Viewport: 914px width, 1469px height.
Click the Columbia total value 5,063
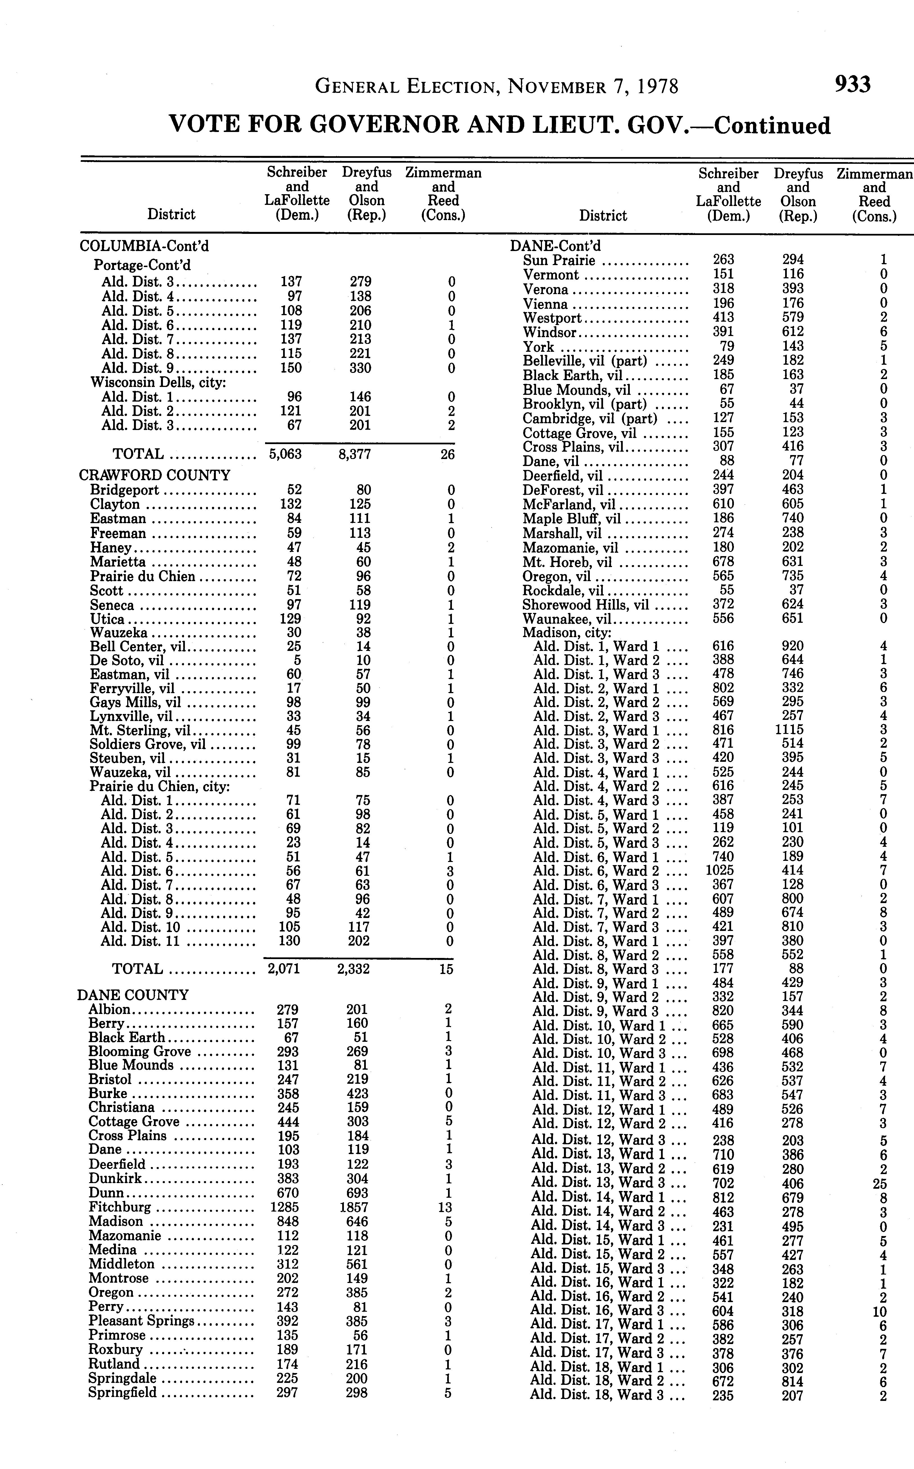click(285, 454)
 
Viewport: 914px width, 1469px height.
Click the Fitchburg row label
click(120, 1207)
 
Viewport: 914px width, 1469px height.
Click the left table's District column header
click(172, 215)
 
